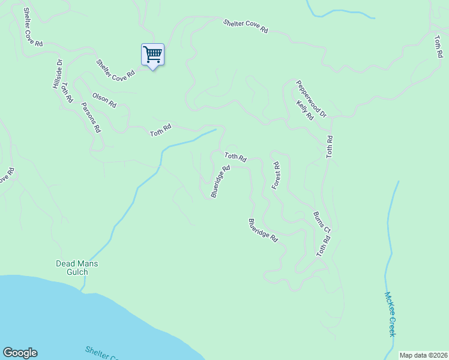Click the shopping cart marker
(x=152, y=55)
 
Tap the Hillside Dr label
(x=58, y=74)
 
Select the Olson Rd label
(x=104, y=100)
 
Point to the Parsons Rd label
(x=91, y=117)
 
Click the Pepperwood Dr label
(x=311, y=99)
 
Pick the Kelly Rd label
(x=305, y=110)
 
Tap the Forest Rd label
(x=276, y=176)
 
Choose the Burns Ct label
(x=322, y=221)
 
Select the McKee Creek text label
(x=391, y=314)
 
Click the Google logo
(x=20, y=353)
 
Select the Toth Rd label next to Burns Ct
(x=324, y=246)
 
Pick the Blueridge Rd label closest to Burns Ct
(x=263, y=230)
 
